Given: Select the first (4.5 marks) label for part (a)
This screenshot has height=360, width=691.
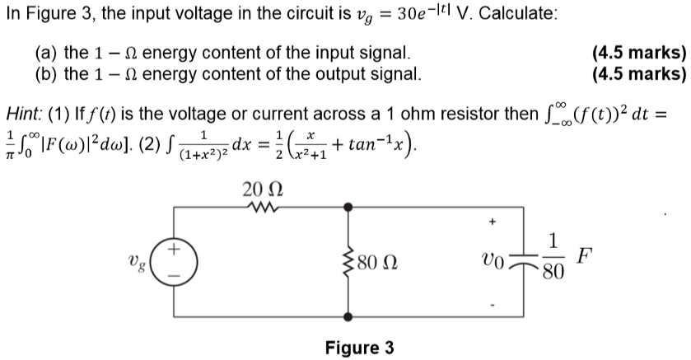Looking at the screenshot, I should point(639,54).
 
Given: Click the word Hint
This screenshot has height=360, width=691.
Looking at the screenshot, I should point(24,112).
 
